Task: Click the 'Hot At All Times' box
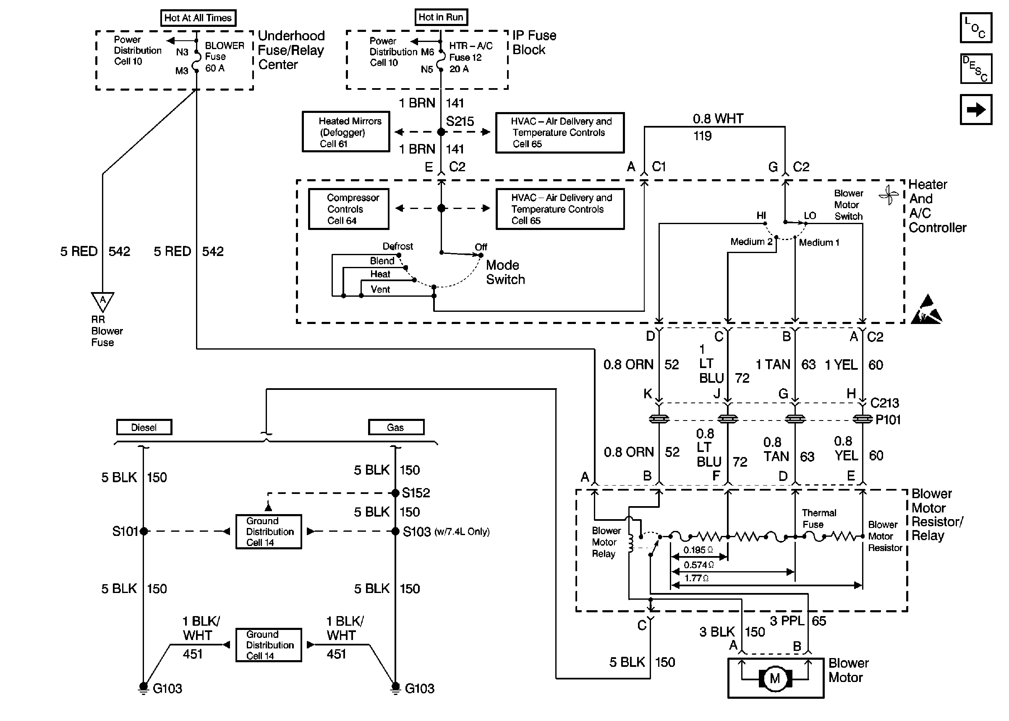(198, 18)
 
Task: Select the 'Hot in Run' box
(441, 17)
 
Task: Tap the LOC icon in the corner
(976, 28)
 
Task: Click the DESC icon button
(976, 69)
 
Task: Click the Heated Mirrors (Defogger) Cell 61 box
(346, 132)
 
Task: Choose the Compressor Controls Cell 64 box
(348, 209)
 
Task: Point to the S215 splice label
(460, 122)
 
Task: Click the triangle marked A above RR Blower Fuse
(102, 300)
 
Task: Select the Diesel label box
(144, 427)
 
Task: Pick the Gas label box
(395, 427)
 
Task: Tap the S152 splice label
(416, 493)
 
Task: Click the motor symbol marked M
(775, 678)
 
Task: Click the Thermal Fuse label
(818, 519)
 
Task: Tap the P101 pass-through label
(888, 420)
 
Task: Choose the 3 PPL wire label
(787, 621)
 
